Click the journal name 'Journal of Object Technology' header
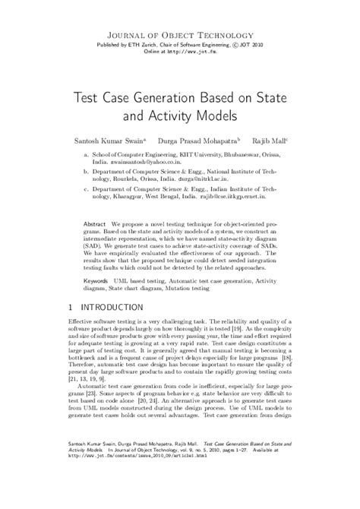tap(180, 35)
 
